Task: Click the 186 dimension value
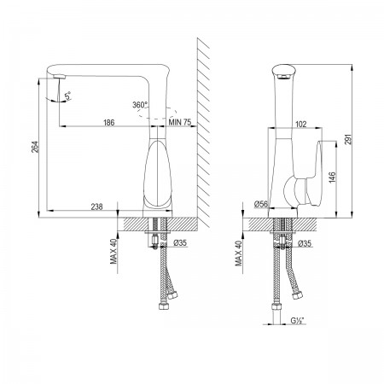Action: click(x=109, y=122)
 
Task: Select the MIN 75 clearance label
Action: click(x=180, y=122)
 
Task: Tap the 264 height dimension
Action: click(x=35, y=147)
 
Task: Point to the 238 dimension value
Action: click(x=96, y=207)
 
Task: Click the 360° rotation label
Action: click(x=140, y=105)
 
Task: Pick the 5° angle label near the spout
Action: click(x=68, y=96)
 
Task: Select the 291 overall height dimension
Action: click(x=348, y=139)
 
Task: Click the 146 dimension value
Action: click(x=332, y=177)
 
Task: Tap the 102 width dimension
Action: click(x=301, y=124)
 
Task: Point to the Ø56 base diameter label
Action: click(x=261, y=204)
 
